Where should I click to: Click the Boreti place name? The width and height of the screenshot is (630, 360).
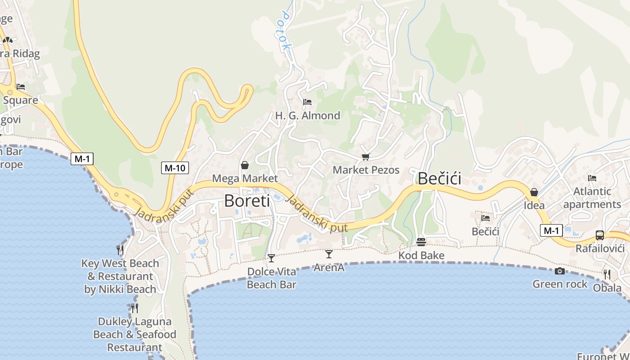[x=247, y=201]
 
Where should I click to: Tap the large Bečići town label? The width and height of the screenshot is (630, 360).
[x=440, y=179]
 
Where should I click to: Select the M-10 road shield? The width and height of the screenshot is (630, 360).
[x=175, y=168]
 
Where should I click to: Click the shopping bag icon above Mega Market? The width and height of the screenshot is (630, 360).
[x=245, y=165]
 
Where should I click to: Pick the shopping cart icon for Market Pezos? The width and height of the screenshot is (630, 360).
[x=365, y=157]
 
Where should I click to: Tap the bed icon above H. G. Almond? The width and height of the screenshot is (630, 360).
[x=307, y=102]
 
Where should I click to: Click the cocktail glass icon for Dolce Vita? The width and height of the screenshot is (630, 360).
[x=271, y=258]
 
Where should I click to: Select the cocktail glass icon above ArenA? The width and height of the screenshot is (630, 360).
[x=329, y=254]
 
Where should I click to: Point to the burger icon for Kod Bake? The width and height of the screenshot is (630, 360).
[x=421, y=242]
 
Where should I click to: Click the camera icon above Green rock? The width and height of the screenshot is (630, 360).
[x=560, y=271]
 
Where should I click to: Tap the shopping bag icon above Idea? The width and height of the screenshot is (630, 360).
[x=534, y=192]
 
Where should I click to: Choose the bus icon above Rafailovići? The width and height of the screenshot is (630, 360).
[x=600, y=235]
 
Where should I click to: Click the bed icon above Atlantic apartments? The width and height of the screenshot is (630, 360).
[x=592, y=178]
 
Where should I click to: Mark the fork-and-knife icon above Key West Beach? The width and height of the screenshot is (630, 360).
[x=120, y=250]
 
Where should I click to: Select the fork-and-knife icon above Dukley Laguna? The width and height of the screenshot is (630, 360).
[x=134, y=308]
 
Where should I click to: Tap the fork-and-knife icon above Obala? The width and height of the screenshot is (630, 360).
[x=607, y=274]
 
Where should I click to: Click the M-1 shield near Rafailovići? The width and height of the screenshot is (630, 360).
[x=551, y=231]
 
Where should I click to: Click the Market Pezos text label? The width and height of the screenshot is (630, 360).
[x=366, y=170]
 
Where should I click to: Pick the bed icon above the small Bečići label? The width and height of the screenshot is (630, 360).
[x=486, y=218]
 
